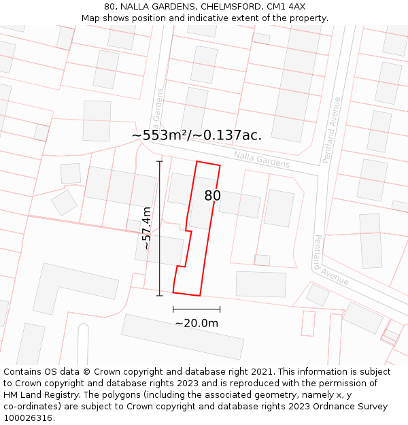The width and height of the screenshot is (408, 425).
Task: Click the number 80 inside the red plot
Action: coord(212,196)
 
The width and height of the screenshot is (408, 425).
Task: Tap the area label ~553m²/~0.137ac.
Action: coord(197,135)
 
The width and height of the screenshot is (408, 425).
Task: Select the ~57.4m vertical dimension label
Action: coord(146,229)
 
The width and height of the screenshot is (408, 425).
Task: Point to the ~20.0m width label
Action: coord(197,323)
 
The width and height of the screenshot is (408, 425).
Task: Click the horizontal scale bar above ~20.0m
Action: coord(197,309)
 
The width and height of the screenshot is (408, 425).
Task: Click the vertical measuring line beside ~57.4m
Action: coord(160,228)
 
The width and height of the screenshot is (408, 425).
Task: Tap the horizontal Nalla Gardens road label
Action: coord(262,160)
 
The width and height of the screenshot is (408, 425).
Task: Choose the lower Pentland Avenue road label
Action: coord(331,261)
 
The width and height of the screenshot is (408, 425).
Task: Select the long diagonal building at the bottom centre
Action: coord(182,337)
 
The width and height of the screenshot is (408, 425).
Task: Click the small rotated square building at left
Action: coord(64,202)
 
